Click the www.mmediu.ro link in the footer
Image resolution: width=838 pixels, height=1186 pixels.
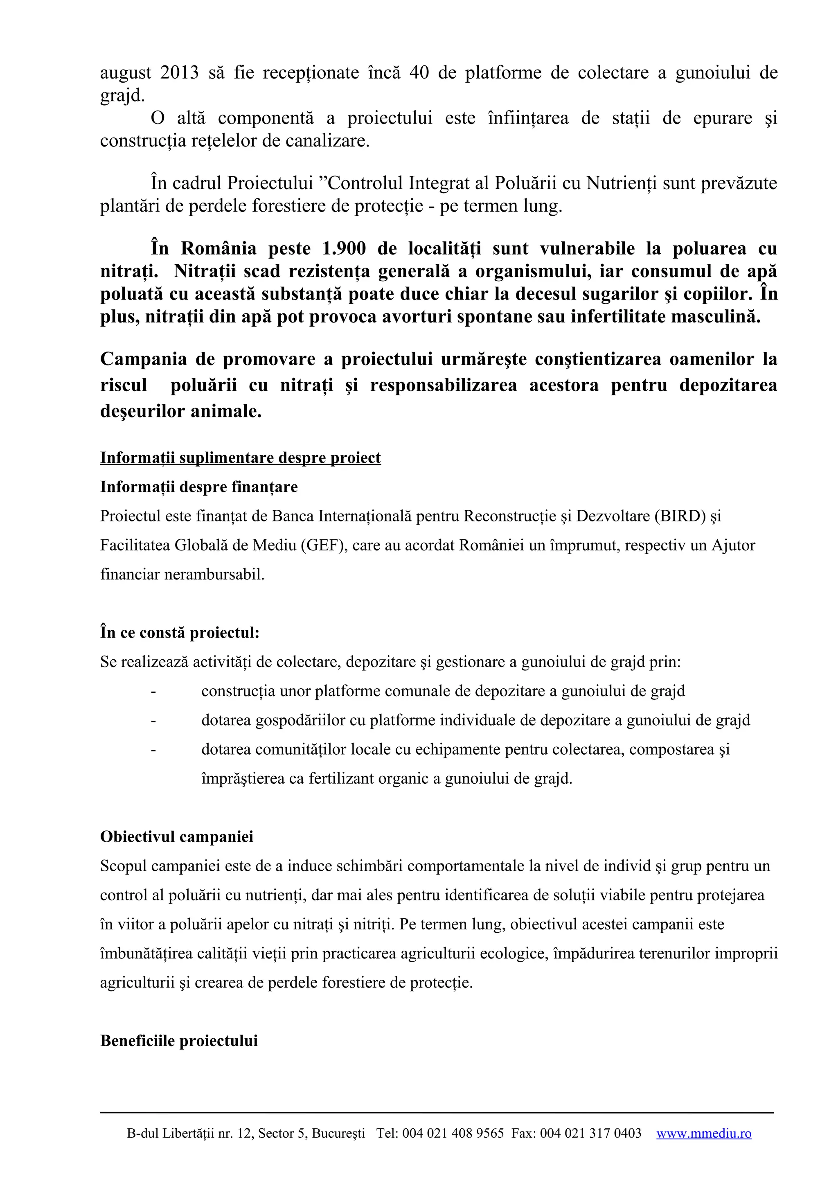(x=704, y=1134)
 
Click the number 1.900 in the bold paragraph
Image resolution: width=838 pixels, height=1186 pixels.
(x=344, y=248)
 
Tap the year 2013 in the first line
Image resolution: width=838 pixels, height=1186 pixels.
(x=179, y=72)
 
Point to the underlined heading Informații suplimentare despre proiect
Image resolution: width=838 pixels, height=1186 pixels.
(x=240, y=458)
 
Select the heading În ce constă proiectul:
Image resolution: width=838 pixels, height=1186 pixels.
(x=180, y=632)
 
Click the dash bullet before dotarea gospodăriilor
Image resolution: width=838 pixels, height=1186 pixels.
(x=153, y=720)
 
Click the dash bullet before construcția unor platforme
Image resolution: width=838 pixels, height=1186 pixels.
(x=153, y=691)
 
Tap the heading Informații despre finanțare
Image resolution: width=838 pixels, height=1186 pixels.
(x=199, y=487)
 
